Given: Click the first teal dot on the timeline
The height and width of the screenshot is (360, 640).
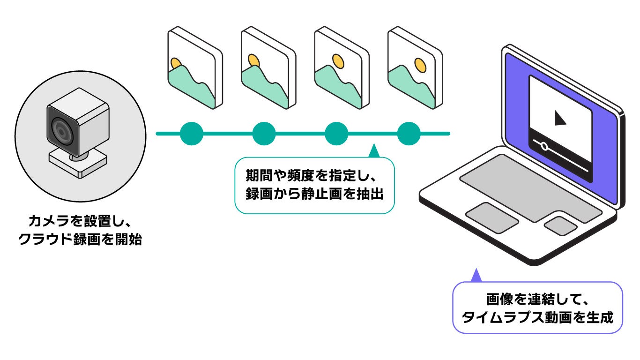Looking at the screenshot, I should pyautogui.click(x=192, y=134).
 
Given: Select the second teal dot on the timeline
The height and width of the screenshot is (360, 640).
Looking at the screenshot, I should pyautogui.click(x=264, y=134).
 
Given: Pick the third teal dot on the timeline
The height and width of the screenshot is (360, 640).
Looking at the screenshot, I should pyautogui.click(x=336, y=134).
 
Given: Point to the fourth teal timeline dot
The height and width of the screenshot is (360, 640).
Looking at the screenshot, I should pyautogui.click(x=409, y=134).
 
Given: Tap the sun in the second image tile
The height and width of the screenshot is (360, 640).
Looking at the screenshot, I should pyautogui.click(x=253, y=61).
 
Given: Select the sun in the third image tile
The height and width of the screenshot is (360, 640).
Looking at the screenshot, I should pyautogui.click(x=338, y=60).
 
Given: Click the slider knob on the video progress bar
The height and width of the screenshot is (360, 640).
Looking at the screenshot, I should pyautogui.click(x=544, y=146).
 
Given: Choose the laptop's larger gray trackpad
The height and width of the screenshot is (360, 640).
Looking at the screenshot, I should pyautogui.click(x=492, y=217).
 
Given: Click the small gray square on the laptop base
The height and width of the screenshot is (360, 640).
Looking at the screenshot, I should pyautogui.click(x=560, y=225).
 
